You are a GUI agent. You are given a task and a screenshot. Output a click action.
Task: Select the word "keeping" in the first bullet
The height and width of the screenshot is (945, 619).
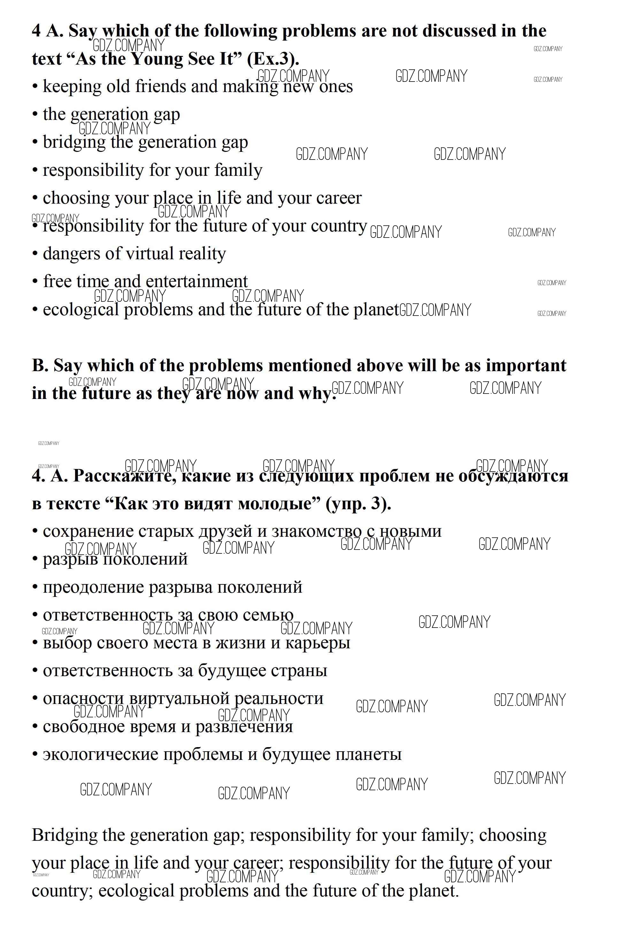(x=72, y=87)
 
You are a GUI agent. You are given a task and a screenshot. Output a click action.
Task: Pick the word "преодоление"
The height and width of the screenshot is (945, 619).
(x=93, y=587)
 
